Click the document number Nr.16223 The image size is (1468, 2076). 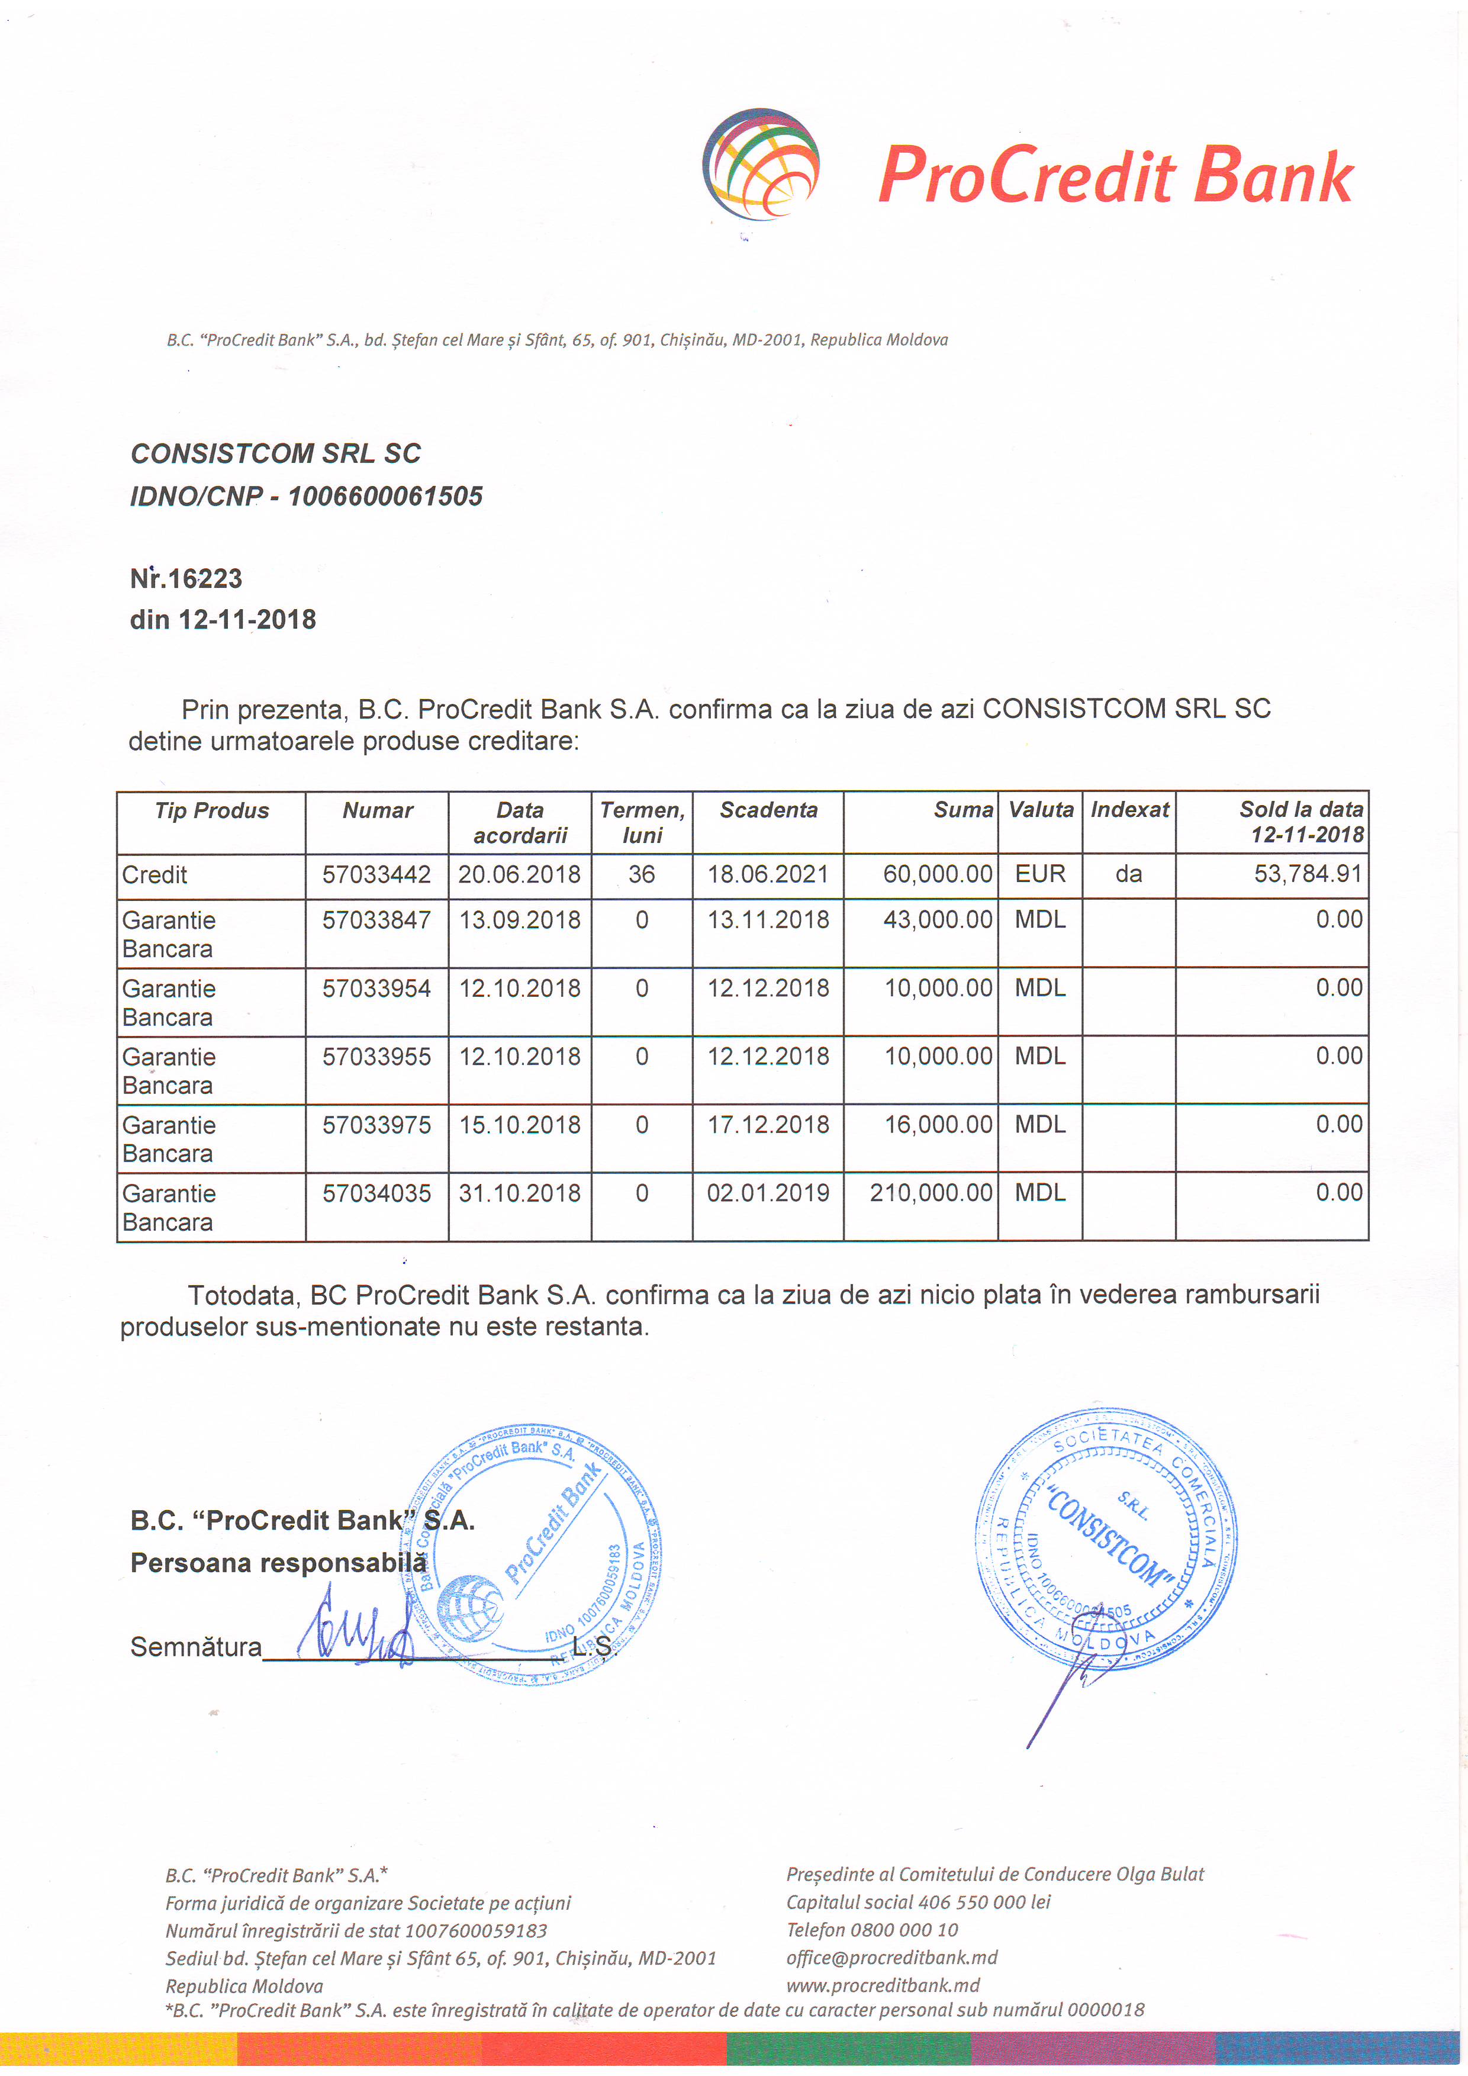(186, 579)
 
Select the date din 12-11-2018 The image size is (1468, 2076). (223, 620)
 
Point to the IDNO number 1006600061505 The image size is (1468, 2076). (385, 497)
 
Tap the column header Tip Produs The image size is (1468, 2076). (211, 810)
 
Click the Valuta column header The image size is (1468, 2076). (1041, 810)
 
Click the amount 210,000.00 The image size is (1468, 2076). (931, 1193)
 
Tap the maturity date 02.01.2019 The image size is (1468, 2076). (768, 1193)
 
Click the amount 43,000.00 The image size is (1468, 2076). (938, 920)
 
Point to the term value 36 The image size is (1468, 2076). (642, 874)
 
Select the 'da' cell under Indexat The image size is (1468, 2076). (1128, 874)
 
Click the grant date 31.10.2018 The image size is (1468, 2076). (520, 1193)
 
